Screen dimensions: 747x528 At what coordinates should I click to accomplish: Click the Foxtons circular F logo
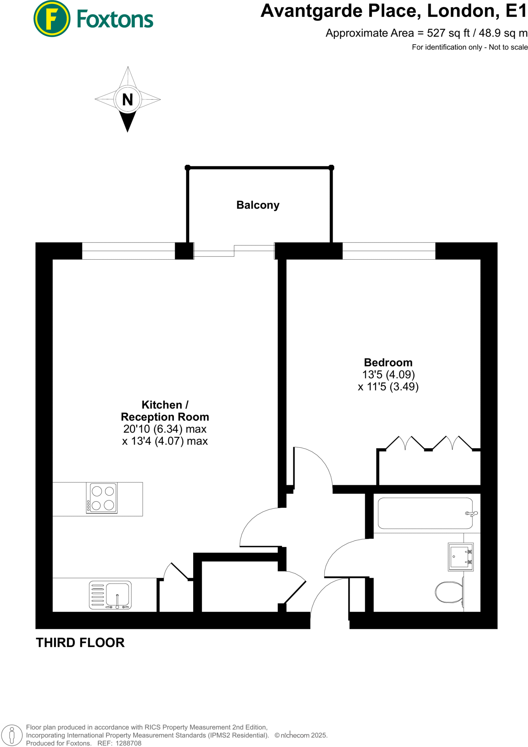[x=51, y=19]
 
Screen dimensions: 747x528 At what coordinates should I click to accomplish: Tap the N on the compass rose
[x=127, y=100]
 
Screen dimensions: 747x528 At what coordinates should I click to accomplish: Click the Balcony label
[x=258, y=205]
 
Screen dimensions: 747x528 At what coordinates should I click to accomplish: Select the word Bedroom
[x=388, y=363]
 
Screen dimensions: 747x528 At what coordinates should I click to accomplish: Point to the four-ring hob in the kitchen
[x=102, y=498]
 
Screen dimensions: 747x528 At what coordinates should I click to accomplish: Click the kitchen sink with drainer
[x=110, y=595]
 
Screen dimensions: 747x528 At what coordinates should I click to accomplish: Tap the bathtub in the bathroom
[x=425, y=513]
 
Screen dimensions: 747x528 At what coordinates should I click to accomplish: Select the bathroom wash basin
[x=460, y=557]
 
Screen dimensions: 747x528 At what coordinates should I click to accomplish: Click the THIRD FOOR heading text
[x=80, y=643]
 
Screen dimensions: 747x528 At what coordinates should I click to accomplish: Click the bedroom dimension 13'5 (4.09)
[x=389, y=375]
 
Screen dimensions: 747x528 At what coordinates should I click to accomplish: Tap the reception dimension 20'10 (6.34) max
[x=165, y=429]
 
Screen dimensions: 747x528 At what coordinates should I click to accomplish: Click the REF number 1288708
[x=128, y=743]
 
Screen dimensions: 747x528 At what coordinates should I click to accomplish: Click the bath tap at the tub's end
[x=471, y=514]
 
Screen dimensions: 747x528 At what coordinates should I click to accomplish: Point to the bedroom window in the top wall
[x=389, y=251]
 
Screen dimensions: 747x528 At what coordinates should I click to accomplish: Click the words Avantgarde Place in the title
[x=338, y=11]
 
